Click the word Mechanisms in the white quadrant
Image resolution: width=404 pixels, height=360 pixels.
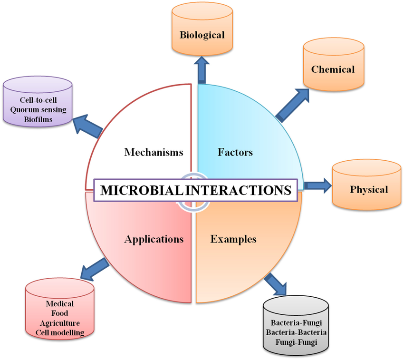tap(154, 152)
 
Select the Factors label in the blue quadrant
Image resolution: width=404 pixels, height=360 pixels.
tap(235, 152)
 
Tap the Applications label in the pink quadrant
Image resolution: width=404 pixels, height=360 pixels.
tap(154, 239)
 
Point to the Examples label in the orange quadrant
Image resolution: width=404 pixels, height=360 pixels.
tap(233, 239)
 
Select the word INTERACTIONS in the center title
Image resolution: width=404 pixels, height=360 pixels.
tap(238, 190)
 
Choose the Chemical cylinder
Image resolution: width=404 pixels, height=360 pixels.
tap(333, 69)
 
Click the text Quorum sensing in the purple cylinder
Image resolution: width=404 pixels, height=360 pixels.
tap(38, 110)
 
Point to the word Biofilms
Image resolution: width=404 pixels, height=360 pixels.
tap(38, 119)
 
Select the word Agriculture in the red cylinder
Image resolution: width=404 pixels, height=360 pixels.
tap(59, 323)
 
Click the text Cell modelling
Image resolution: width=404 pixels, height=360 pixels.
tap(59, 333)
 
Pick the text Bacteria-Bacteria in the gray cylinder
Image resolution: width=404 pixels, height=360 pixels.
tap(296, 332)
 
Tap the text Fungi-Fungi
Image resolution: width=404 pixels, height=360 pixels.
tap(296, 342)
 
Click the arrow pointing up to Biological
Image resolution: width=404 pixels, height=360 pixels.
tap(202, 70)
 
